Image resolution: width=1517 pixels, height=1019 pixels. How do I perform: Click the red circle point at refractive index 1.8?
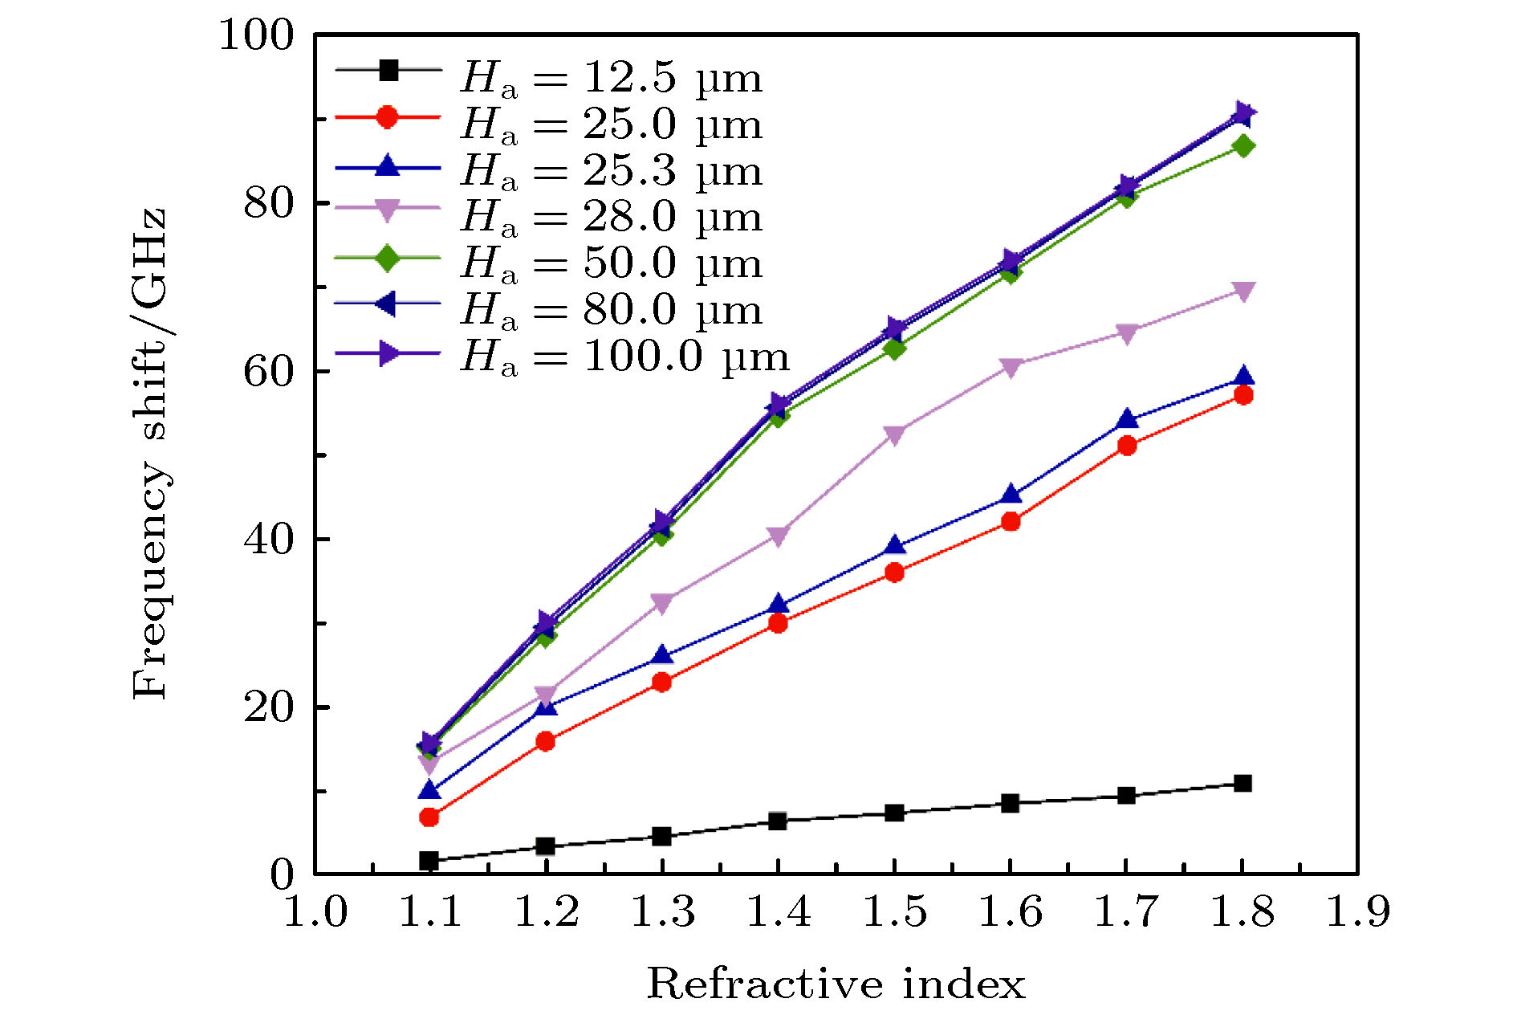click(x=1243, y=395)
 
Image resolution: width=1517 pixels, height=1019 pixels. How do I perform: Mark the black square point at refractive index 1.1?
click(x=429, y=861)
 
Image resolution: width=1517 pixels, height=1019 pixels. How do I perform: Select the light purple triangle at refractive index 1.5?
click(x=894, y=434)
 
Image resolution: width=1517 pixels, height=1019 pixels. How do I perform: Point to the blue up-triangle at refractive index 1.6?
click(x=1011, y=495)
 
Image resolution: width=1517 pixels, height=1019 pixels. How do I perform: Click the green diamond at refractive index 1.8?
click(x=1243, y=146)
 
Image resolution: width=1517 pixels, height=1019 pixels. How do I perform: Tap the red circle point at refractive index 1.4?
click(x=778, y=623)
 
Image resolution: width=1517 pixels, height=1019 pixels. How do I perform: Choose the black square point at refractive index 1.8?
click(x=1243, y=784)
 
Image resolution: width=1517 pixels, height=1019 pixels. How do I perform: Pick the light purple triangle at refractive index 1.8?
click(x=1243, y=291)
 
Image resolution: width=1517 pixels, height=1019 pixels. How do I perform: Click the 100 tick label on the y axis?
click(x=256, y=35)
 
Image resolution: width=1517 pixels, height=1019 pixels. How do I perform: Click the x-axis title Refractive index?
click(x=836, y=984)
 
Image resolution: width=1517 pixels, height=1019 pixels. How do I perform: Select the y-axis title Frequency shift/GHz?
click(x=150, y=454)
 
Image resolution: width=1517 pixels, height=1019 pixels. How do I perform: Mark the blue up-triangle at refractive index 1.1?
click(x=429, y=791)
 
